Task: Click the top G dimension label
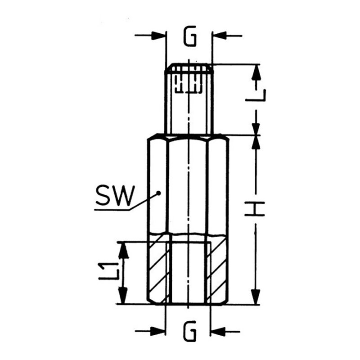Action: (190, 36)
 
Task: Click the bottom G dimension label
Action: (189, 331)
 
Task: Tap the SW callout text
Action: (115, 195)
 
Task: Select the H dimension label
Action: (255, 209)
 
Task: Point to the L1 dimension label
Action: (108, 272)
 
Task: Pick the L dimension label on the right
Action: (256, 95)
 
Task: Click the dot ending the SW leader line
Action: (158, 194)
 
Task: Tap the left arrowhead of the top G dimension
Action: (158, 36)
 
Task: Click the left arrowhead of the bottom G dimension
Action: (158, 331)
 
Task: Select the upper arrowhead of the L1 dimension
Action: (124, 250)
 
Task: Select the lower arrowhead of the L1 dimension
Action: (124, 296)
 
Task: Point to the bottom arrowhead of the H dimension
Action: (256, 297)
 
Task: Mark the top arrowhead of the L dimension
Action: (256, 72)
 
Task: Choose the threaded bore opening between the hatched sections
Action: (188, 273)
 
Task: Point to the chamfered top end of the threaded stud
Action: (189, 68)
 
